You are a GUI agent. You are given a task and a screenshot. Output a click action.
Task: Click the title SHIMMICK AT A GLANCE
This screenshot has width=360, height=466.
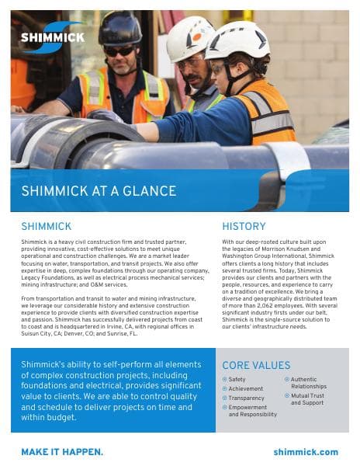99,191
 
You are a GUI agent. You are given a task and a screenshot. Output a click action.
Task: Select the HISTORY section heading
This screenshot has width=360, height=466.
244,227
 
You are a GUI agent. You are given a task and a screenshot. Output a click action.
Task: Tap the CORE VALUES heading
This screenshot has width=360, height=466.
256,365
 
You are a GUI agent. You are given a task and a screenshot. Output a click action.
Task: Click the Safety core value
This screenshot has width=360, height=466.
237,379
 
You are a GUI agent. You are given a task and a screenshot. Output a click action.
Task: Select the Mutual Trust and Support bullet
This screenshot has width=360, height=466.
307,399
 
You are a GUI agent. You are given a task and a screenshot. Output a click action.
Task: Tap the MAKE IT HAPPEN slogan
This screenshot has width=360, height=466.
62,451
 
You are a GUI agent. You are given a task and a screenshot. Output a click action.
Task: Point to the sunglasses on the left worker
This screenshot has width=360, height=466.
120,50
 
